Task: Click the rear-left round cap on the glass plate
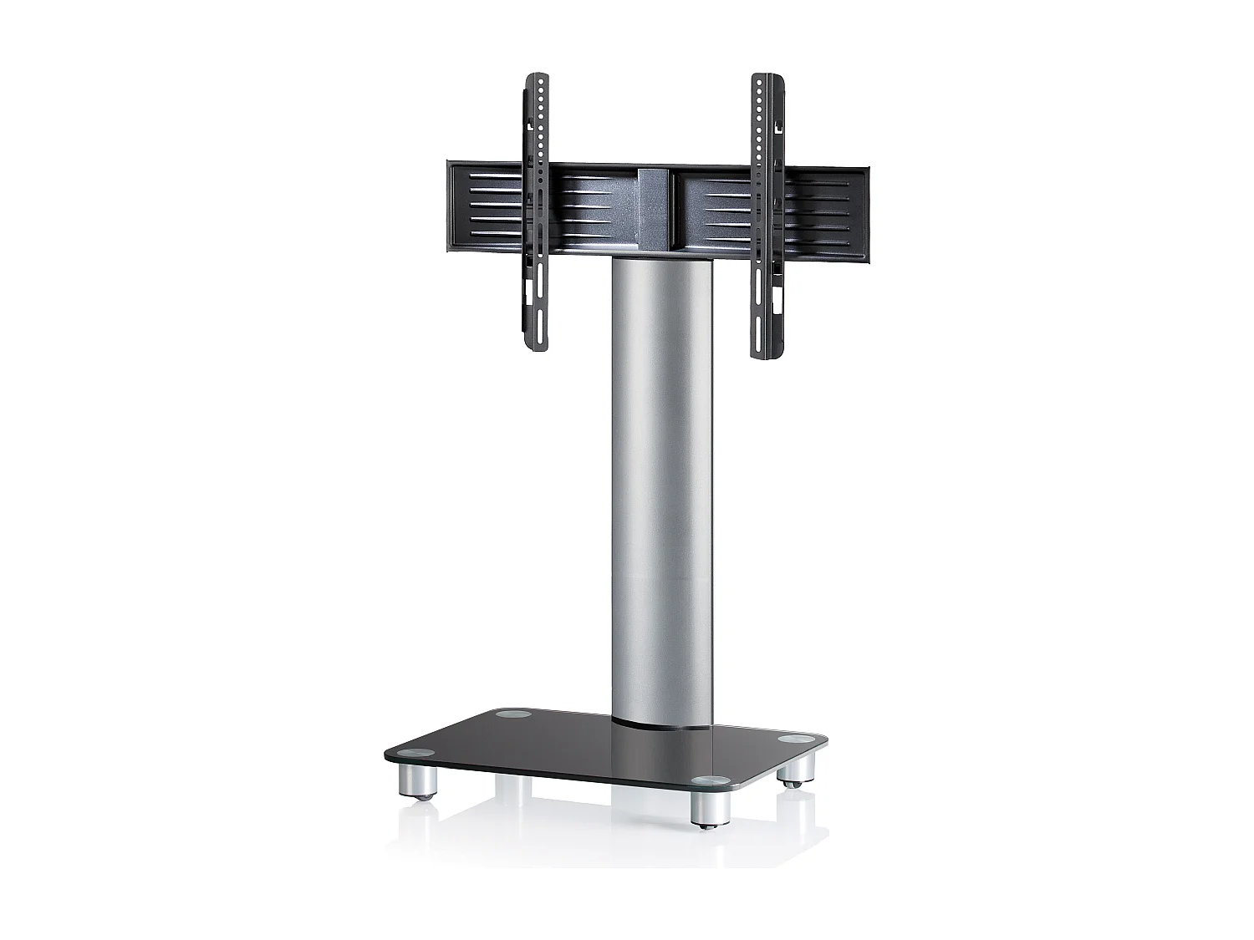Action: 507,715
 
